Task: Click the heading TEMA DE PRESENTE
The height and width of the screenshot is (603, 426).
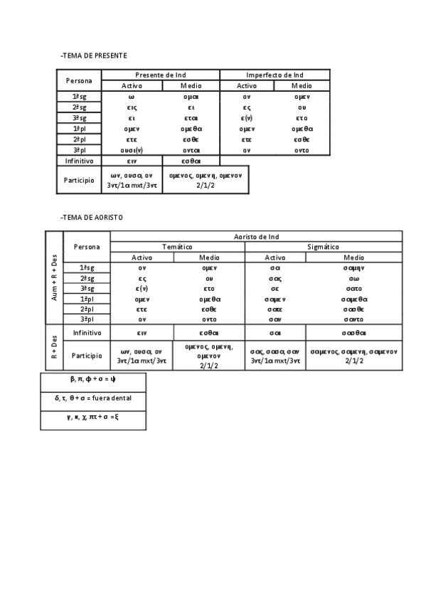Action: pos(94,55)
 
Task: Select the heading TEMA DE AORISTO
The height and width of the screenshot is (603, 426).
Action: pos(92,216)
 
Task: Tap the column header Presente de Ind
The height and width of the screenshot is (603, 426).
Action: pos(165,75)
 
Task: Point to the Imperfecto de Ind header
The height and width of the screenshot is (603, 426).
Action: pos(275,75)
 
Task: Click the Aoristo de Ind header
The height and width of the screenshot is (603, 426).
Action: pos(257,236)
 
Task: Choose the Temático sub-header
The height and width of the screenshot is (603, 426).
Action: pos(178,246)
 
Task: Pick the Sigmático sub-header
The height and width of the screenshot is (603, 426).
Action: pos(323,246)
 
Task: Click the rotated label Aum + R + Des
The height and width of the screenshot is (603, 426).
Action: pos(54,276)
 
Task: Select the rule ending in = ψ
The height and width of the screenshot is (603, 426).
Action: pos(93,380)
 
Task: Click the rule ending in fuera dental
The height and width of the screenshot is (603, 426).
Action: pos(93,398)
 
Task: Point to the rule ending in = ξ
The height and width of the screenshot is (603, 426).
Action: pos(93,417)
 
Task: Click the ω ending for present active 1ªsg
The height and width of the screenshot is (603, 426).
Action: pos(132,97)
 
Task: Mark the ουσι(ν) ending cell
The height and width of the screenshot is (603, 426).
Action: pos(132,150)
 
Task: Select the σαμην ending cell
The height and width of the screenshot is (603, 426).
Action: pos(353,267)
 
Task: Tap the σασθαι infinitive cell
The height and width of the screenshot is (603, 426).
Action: pos(353,332)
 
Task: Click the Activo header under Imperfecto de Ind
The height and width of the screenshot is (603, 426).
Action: pos(247,85)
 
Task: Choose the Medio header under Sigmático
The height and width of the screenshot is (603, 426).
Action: pos(353,257)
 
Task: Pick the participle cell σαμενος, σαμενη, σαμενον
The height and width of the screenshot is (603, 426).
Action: pos(353,356)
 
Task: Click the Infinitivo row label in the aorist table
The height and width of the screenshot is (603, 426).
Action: pos(87,332)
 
